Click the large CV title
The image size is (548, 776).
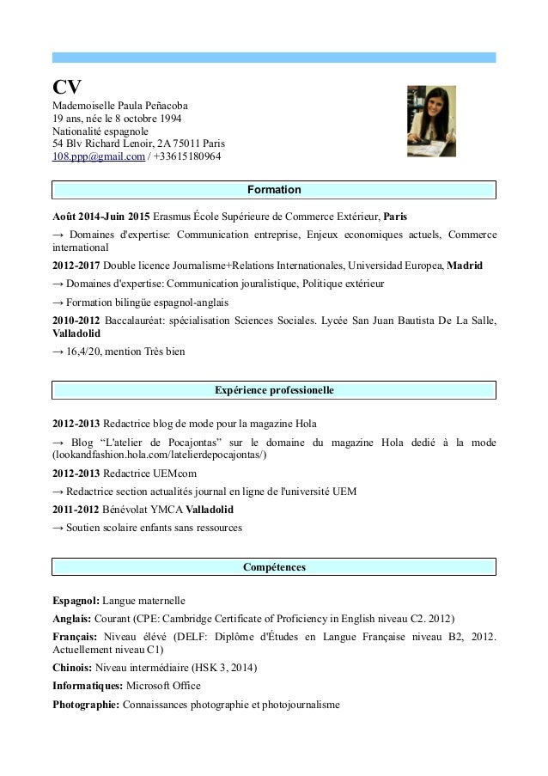pos(68,87)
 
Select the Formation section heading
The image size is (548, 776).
pos(274,189)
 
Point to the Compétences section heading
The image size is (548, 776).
pos(274,567)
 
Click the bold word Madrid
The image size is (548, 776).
pos(465,266)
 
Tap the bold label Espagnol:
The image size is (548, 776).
pos(76,600)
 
